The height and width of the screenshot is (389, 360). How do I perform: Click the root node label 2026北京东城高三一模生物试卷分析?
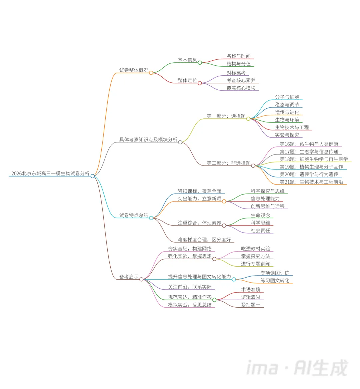pos(50,173)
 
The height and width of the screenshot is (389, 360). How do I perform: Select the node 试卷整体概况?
pos(134,70)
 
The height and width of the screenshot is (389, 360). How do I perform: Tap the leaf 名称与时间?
pos(238,56)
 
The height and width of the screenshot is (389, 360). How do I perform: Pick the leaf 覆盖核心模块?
pos(241,88)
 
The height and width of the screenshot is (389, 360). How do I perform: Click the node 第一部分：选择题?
pos(226,116)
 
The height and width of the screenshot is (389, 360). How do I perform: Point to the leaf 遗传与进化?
pos(287,112)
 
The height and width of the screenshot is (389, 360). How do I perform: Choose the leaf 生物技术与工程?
pos(292,127)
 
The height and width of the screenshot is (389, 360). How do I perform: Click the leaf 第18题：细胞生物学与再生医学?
pos(313,159)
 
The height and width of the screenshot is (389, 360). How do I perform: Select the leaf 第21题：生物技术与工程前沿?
pos(311,182)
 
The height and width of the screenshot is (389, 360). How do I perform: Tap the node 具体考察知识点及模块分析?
pos(148,139)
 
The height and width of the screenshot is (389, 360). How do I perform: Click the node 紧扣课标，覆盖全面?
pos(199,191)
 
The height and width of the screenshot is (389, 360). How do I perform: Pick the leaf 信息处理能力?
pos(265,199)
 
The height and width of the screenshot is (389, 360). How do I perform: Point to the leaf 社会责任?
pos(260,231)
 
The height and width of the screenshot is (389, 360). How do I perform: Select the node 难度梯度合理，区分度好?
pos(204,240)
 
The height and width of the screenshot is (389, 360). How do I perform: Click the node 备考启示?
pos(129,277)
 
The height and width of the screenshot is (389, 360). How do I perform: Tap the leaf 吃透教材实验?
pos(255,249)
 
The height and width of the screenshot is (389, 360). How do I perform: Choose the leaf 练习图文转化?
pos(275,281)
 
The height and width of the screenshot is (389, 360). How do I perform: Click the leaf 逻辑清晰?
pos(251,297)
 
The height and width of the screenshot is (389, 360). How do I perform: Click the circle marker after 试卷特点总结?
pos(151,218)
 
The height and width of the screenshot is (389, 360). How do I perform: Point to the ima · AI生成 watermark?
pos(297,368)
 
